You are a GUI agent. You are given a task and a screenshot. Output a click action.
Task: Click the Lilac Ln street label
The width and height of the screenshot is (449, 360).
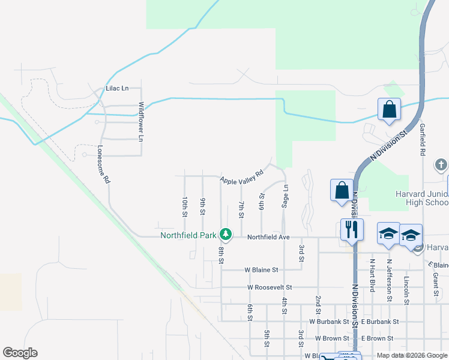[117, 88]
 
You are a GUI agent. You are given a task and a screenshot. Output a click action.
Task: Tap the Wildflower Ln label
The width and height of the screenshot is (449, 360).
[142, 121]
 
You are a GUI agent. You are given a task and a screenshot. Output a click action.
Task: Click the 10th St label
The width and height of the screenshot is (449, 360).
[185, 206]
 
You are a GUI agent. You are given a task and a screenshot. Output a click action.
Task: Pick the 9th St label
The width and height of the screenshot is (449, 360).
[203, 206]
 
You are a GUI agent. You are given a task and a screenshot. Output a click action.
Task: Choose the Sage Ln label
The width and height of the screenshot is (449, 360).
[286, 196]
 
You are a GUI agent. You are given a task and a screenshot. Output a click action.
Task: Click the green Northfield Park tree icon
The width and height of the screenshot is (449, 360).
[226, 233]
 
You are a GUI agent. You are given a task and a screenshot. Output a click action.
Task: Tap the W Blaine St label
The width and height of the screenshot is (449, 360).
[261, 270]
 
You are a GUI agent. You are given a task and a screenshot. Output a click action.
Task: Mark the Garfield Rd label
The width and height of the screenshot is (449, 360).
[423, 140]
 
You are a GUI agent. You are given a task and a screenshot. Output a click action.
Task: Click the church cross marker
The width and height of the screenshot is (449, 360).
[441, 164]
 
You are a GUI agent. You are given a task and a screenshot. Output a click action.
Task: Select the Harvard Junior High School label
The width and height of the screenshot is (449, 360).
[422, 198]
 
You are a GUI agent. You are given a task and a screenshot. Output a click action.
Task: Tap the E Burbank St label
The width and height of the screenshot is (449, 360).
[380, 322]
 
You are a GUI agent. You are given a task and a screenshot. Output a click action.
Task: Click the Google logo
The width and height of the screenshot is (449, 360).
[20, 353]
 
